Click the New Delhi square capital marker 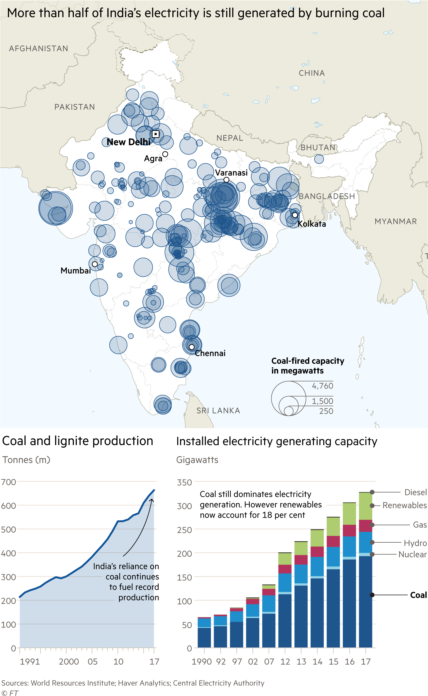pyautogui.click(x=156, y=134)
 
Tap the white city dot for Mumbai pyautogui.click(x=95, y=264)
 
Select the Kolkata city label pyautogui.click(x=312, y=224)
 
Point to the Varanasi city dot pyautogui.click(x=226, y=180)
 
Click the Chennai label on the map pyautogui.click(x=210, y=353)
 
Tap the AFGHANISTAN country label pyautogui.click(x=38, y=48)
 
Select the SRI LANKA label pyautogui.click(x=218, y=410)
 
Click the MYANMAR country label pyautogui.click(x=395, y=221)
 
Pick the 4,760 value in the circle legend pyautogui.click(x=322, y=386)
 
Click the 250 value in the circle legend pyautogui.click(x=326, y=411)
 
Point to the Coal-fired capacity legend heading pyautogui.click(x=307, y=366)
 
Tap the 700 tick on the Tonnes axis pyautogui.click(x=9, y=482)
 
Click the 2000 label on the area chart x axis pyautogui.click(x=69, y=661)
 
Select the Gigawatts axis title pyautogui.click(x=197, y=460)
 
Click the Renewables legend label pyautogui.click(x=405, y=505)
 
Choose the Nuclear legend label pyautogui.click(x=412, y=554)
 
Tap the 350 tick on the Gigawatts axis pyautogui.click(x=184, y=483)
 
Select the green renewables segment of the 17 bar pyautogui.click(x=365, y=506)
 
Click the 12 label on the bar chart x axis pyautogui.click(x=285, y=661)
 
